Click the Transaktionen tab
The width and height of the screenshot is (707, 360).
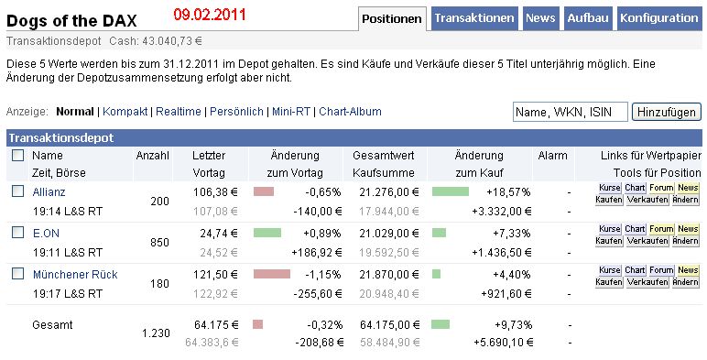[x=474, y=18]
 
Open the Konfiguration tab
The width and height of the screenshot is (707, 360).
[x=659, y=18]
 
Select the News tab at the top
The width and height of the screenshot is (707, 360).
[x=540, y=18]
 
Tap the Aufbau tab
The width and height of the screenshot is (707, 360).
[x=588, y=18]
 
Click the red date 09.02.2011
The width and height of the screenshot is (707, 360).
[x=210, y=15]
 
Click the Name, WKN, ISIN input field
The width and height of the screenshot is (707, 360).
[x=570, y=112]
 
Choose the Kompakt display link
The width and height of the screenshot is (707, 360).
[x=125, y=112]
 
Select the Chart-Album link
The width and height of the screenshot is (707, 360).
[x=350, y=112]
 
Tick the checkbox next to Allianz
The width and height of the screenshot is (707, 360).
[x=17, y=191]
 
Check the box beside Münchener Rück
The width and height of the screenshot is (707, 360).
[x=17, y=273]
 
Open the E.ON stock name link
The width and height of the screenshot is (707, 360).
[x=46, y=234]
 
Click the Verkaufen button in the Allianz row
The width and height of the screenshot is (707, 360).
[x=647, y=200]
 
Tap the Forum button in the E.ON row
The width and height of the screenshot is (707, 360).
[x=661, y=229]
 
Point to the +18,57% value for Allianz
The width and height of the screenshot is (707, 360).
[x=508, y=192]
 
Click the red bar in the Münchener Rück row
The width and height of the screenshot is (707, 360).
[x=272, y=274]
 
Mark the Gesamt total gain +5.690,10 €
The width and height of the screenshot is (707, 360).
[x=503, y=343]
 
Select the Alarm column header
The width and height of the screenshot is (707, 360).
[x=552, y=156]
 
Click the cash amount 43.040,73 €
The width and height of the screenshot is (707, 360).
[x=172, y=41]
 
